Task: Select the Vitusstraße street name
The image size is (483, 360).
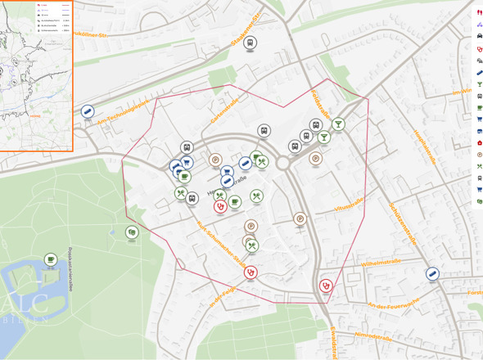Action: click(350, 207)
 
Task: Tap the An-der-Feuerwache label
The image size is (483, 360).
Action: click(393, 304)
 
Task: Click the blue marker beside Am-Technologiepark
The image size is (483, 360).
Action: click(88, 111)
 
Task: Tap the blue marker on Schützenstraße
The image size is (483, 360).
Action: click(432, 274)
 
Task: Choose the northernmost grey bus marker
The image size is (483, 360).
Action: click(251, 43)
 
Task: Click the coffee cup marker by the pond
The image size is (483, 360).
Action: click(51, 259)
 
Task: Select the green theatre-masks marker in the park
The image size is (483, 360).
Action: click(132, 232)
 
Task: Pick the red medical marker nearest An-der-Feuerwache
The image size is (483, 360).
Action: click(326, 286)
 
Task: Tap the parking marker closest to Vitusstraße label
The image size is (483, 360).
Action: click(300, 218)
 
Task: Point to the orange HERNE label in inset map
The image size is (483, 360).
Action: click(34, 115)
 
